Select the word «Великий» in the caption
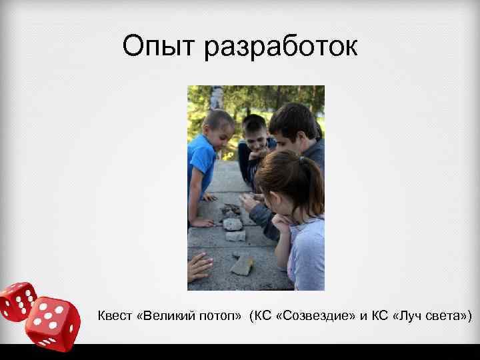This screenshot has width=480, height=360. [165, 315]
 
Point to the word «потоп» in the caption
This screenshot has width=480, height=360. [217, 315]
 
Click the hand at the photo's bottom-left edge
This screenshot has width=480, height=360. [199, 267]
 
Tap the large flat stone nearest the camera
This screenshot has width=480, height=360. [241, 265]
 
